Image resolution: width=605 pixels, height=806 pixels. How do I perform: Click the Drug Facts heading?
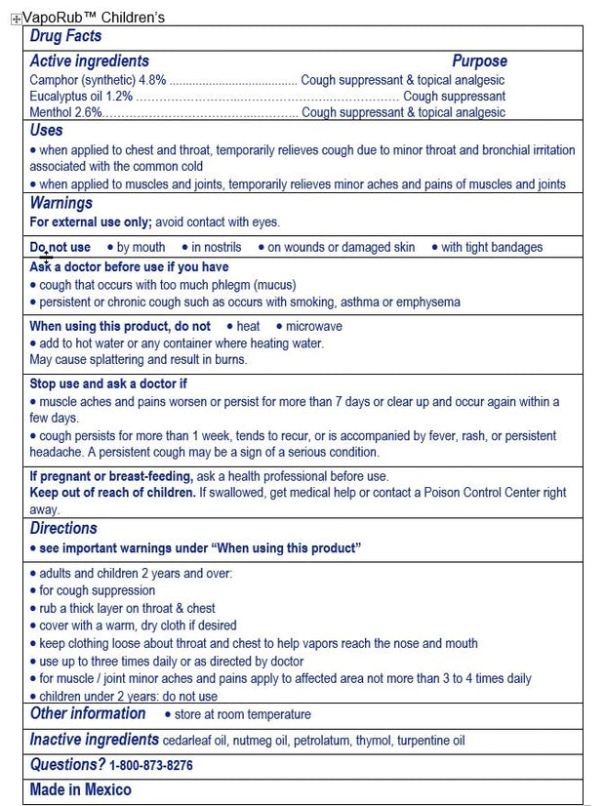click(65, 36)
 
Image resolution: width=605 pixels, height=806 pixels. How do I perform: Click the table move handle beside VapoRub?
click(16, 19)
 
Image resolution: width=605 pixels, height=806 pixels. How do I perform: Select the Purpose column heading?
click(479, 60)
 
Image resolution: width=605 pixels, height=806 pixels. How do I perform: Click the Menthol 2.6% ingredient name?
click(52, 112)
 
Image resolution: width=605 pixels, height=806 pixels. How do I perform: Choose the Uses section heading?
click(46, 130)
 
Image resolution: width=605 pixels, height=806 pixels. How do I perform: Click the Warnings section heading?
click(60, 203)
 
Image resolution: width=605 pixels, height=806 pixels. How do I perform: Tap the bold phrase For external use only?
click(91, 222)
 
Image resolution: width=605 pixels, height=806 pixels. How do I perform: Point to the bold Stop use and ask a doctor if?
click(107, 383)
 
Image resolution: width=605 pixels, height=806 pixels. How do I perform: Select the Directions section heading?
click(63, 528)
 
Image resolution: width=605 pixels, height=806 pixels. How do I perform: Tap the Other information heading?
click(87, 713)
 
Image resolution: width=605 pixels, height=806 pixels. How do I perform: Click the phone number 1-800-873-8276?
click(150, 766)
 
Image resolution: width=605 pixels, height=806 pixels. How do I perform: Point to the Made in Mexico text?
click(80, 789)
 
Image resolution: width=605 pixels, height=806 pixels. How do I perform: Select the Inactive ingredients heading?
click(94, 740)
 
